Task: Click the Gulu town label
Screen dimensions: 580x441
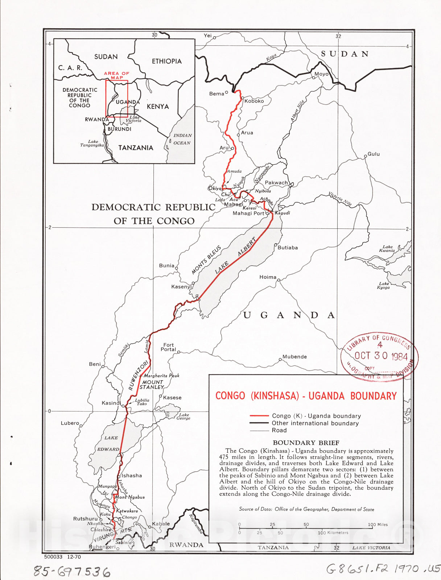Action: click(x=374, y=154)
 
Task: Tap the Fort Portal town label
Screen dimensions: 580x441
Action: click(x=168, y=347)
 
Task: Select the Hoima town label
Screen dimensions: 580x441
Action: click(x=268, y=277)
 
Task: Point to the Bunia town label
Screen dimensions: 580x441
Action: click(x=166, y=266)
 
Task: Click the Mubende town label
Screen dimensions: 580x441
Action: click(x=294, y=357)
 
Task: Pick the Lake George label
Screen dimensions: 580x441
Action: click(x=184, y=417)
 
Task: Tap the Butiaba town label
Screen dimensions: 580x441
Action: click(x=288, y=248)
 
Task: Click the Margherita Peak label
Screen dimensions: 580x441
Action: click(x=161, y=376)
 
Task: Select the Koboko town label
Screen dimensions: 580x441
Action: click(x=254, y=101)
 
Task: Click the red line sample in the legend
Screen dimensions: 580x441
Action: click(x=259, y=416)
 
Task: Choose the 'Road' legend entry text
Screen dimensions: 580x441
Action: click(x=279, y=430)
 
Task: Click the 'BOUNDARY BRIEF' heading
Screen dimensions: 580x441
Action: click(x=306, y=443)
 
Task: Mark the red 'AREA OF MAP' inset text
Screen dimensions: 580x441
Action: click(x=116, y=75)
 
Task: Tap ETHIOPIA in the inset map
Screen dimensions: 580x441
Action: click(x=166, y=61)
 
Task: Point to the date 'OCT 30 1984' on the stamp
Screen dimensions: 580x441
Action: click(x=381, y=356)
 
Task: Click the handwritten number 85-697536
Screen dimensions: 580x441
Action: click(x=72, y=572)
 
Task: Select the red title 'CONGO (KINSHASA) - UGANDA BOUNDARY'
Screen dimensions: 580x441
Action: click(x=306, y=395)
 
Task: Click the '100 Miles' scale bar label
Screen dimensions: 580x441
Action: click(x=378, y=525)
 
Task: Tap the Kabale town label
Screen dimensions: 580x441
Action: click(x=161, y=524)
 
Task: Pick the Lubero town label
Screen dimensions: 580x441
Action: click(x=70, y=423)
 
